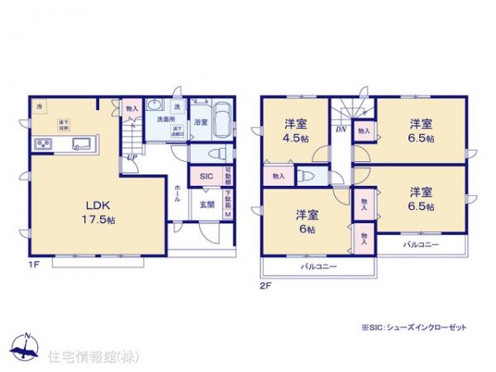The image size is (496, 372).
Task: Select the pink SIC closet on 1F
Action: point(205,177)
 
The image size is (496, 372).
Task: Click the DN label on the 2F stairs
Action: point(340,130)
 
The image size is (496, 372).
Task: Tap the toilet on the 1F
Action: point(217,154)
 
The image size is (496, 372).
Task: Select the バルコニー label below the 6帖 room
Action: point(317,267)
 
